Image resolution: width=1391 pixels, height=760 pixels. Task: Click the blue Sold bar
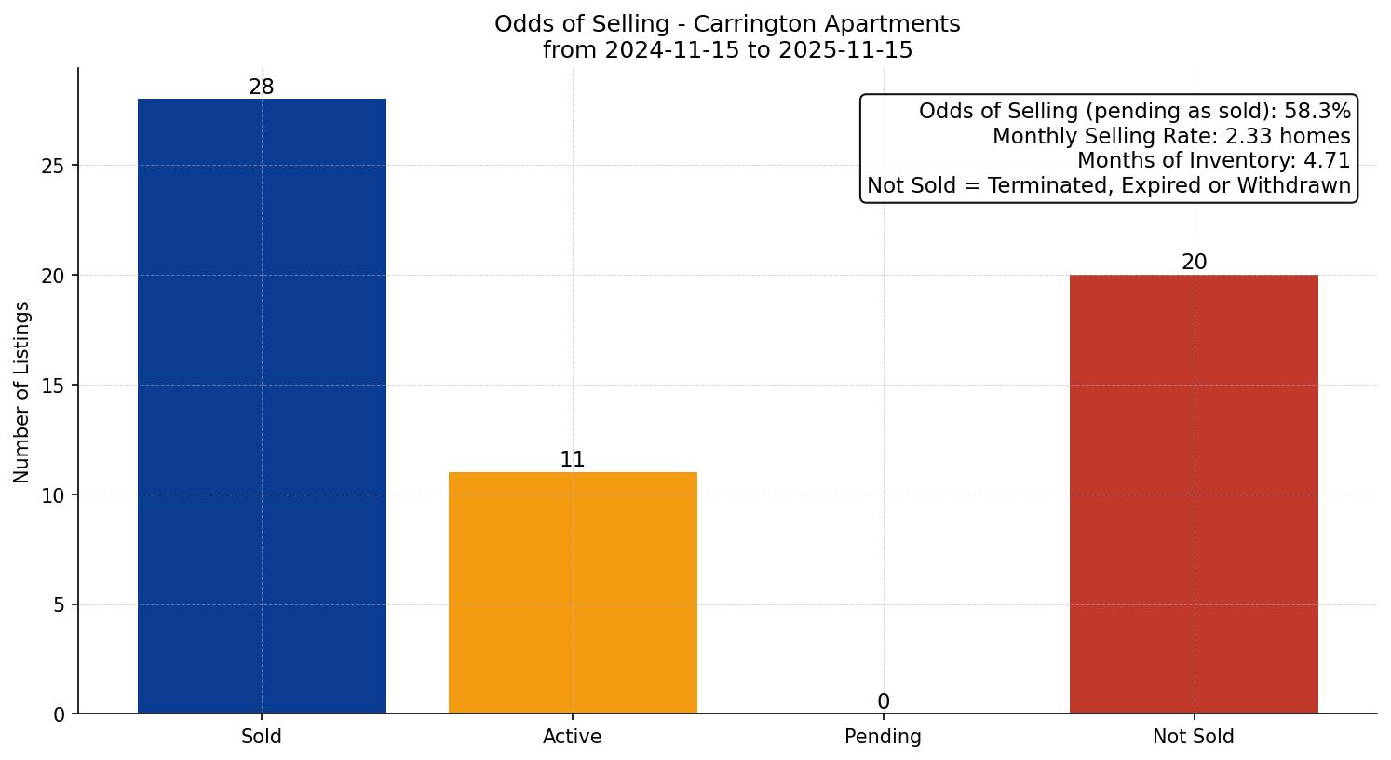(x=262, y=406)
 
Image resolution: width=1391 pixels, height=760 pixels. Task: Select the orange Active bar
(x=573, y=592)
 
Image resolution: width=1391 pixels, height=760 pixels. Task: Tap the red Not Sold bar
(x=1194, y=494)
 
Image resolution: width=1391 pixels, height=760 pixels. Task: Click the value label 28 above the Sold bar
(x=262, y=88)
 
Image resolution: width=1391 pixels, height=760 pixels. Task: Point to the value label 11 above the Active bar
(x=573, y=460)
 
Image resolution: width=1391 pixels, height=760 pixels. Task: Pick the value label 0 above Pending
(x=883, y=702)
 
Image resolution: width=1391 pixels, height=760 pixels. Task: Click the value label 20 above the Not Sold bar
(x=1194, y=263)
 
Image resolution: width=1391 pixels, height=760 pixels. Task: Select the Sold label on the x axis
(x=262, y=737)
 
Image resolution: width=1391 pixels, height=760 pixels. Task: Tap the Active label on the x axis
(x=573, y=737)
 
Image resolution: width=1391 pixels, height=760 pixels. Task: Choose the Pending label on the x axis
(x=883, y=737)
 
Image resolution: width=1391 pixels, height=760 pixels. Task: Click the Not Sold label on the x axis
(x=1194, y=737)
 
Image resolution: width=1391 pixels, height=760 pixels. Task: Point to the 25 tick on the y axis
(x=53, y=166)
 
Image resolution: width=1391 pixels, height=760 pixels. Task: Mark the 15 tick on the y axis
(x=53, y=386)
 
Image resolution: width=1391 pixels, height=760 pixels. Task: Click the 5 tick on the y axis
(x=60, y=605)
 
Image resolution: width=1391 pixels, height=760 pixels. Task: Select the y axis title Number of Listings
(x=22, y=392)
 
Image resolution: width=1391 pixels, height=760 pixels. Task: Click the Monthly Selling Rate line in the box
(x=1170, y=136)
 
